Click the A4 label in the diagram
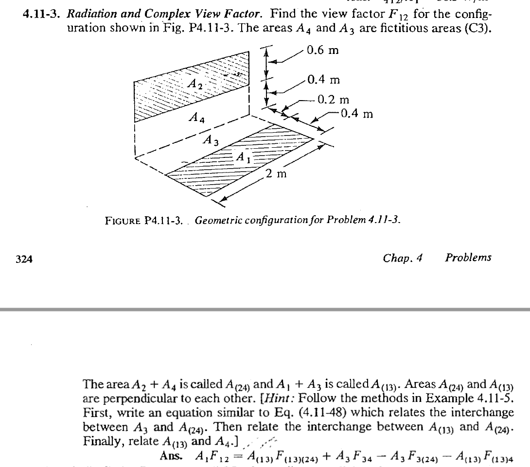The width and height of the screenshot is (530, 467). (x=197, y=118)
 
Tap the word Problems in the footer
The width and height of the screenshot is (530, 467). (x=468, y=258)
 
